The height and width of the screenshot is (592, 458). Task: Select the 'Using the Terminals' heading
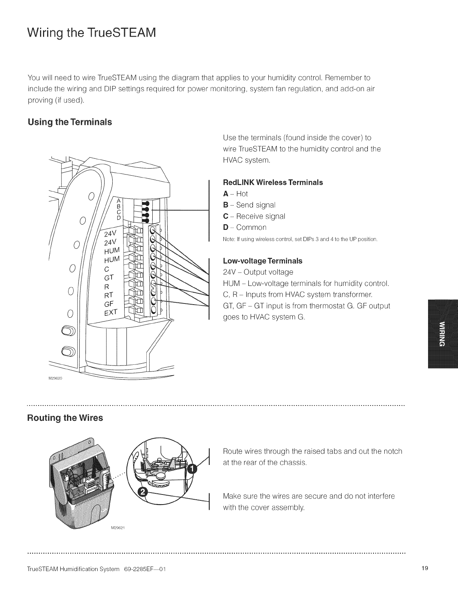(x=70, y=122)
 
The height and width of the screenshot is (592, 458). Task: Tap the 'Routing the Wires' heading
(x=65, y=418)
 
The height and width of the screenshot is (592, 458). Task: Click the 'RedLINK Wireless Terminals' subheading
(x=273, y=183)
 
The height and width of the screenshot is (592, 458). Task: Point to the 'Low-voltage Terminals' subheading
(x=262, y=260)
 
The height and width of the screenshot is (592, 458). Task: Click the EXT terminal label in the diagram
(x=111, y=312)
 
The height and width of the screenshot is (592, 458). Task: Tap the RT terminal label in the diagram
(x=109, y=296)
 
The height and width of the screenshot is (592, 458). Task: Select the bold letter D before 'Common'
(x=226, y=228)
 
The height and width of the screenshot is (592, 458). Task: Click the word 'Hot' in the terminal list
(x=242, y=194)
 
